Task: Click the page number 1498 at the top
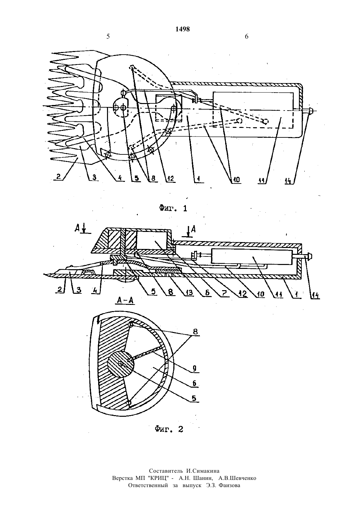pos(183,29)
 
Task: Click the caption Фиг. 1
pos(173,208)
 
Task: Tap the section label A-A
pos(125,300)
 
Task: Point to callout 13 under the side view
pos(189,292)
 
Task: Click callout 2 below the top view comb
pos(58,177)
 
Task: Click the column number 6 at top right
pos(246,37)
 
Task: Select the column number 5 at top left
pos(108,37)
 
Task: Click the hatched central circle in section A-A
pos(121,363)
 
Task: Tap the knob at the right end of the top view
pos(311,111)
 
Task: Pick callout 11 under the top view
pos(262,180)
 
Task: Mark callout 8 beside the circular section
pos(195,331)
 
